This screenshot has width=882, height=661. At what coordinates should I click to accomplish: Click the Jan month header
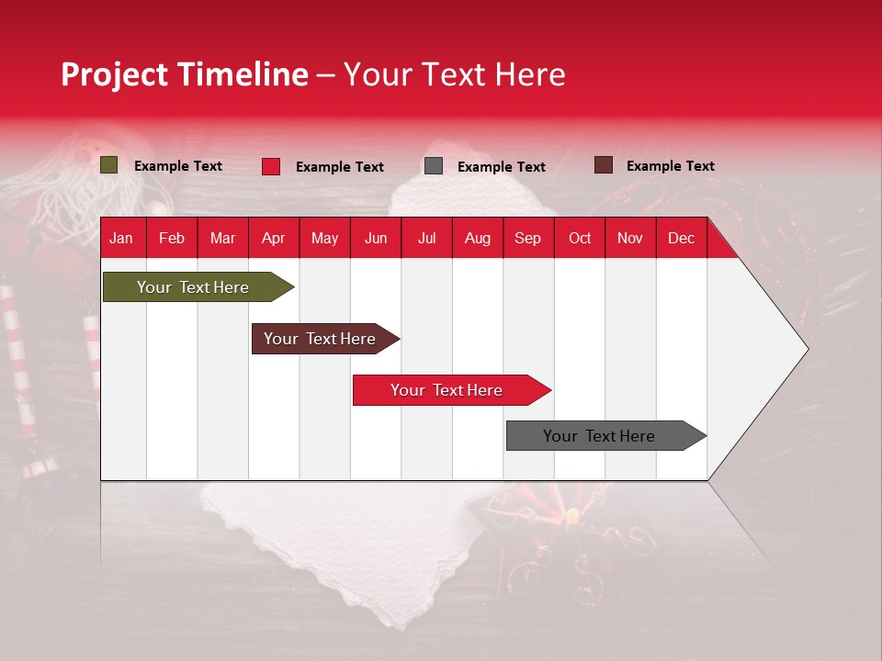[121, 239]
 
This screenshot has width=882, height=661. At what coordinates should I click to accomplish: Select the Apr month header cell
[274, 239]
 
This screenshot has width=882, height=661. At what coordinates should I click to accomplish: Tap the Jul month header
[426, 239]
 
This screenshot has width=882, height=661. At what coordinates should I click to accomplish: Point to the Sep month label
[527, 239]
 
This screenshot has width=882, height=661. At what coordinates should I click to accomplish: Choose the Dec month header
[681, 239]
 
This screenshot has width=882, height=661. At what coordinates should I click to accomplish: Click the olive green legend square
[109, 165]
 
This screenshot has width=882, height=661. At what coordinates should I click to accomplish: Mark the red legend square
[271, 166]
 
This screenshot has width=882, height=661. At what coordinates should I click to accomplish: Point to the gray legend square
[434, 166]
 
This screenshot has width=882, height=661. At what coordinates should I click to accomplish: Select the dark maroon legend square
[604, 165]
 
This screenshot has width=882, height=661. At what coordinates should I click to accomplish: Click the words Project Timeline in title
[185, 74]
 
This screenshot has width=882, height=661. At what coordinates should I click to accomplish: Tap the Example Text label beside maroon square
[671, 166]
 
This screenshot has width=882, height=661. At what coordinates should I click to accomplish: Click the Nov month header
[630, 239]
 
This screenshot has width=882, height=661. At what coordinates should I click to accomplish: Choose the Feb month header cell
[172, 239]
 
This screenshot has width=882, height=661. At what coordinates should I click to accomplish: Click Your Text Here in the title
[455, 74]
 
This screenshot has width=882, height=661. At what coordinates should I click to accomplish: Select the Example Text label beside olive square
[178, 166]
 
